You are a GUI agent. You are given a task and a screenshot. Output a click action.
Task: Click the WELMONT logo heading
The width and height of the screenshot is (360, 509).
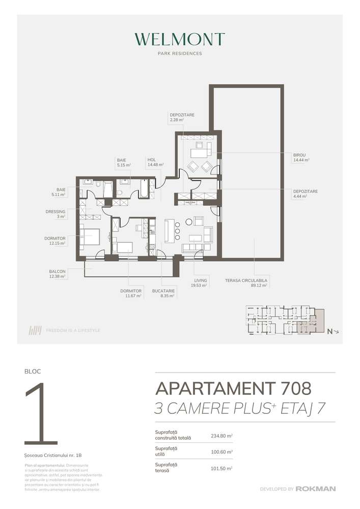[180, 40]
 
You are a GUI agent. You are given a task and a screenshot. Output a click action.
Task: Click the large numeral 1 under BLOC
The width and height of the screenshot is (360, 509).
[38, 414]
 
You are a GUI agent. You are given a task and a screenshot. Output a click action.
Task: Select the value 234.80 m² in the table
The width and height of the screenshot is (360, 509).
[221, 436]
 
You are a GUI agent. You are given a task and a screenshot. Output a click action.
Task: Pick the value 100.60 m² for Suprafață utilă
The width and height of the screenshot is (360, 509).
[221, 451]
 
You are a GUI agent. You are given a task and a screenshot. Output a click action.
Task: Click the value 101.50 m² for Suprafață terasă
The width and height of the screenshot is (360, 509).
[221, 468]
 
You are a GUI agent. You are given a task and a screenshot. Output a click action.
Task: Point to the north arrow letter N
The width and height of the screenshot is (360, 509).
[330, 332]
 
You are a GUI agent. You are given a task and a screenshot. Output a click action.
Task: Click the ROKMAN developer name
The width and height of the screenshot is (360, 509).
[317, 489]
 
